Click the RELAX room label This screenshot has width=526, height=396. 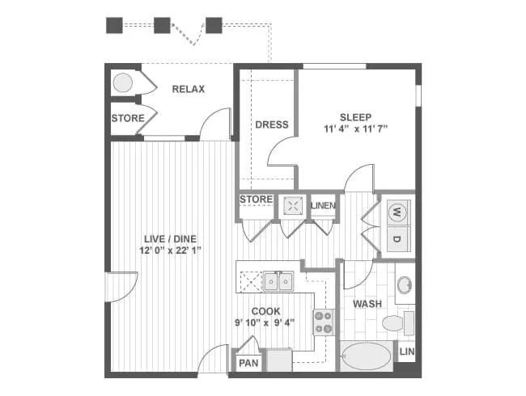coord(188,89)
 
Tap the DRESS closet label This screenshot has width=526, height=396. coord(272,124)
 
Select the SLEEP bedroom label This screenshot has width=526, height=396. coord(354,115)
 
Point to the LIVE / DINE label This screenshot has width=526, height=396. coord(171,238)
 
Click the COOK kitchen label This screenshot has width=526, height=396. coord(265,311)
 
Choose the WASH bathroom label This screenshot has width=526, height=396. coord(367,304)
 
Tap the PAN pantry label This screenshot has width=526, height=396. coord(247,363)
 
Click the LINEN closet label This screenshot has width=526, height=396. coord(323,205)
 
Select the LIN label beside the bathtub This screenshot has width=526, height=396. coord(407,352)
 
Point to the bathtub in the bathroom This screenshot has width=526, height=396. coord(366,356)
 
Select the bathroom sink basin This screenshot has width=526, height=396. coord(403,286)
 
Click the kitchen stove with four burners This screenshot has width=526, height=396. coord(324,322)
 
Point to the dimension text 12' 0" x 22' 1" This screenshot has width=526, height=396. coord(171,251)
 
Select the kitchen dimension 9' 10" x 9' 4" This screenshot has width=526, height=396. coord(265,322)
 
